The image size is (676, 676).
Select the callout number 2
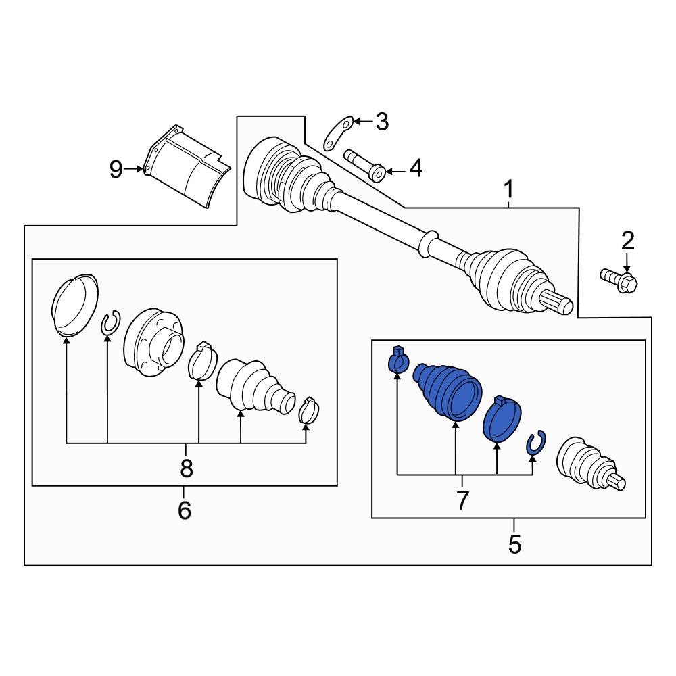click(628, 240)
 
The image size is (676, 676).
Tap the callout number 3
click(382, 122)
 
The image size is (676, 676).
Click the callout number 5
click(514, 544)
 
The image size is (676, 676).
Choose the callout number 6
click(185, 510)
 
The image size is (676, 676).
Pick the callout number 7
click(462, 501)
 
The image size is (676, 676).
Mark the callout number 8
click(186, 466)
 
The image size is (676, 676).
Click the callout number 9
click(116, 169)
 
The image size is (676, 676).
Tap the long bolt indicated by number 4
click(365, 165)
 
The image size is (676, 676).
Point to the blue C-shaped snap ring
click(535, 442)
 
